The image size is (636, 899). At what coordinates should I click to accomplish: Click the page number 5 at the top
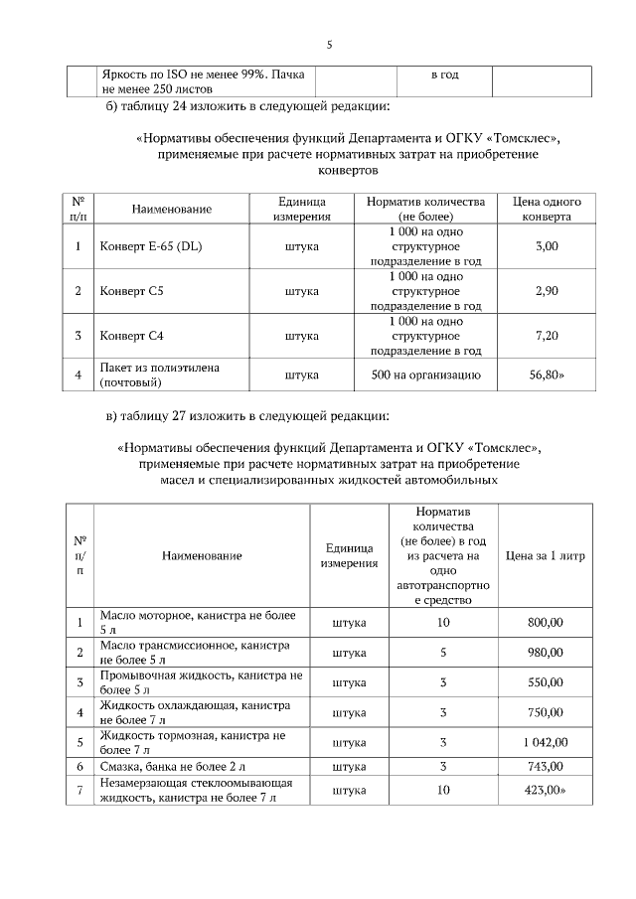(x=329, y=44)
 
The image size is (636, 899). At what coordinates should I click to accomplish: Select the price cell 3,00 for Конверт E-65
(x=547, y=245)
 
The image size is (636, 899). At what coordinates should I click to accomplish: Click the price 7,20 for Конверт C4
(x=547, y=336)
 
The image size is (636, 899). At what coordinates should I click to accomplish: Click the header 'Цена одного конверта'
(x=547, y=208)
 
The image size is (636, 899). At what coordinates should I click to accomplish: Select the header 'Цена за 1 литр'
(x=546, y=555)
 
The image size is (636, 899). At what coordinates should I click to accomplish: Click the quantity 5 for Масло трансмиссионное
(x=443, y=652)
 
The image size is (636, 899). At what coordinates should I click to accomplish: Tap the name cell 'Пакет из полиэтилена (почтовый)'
(x=159, y=375)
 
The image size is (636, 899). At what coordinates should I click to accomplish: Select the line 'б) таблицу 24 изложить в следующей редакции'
(x=247, y=106)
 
